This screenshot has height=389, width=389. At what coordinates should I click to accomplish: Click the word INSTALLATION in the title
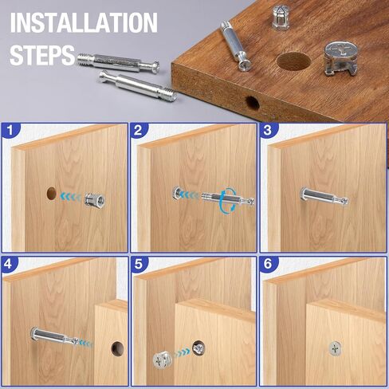pyautogui.click(x=84, y=23)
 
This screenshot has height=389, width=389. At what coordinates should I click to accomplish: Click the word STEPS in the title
pyautogui.click(x=42, y=55)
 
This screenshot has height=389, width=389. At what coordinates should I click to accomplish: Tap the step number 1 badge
pyautogui.click(x=10, y=131)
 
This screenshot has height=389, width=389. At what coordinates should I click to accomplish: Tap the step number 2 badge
pyautogui.click(x=138, y=131)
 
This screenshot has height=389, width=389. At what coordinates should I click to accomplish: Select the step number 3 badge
pyautogui.click(x=268, y=131)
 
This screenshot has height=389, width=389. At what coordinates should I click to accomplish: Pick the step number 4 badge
pyautogui.click(x=9, y=264)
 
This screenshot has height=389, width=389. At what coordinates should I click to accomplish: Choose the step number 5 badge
pyautogui.click(x=139, y=264)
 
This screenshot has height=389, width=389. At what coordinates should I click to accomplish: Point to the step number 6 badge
pyautogui.click(x=268, y=264)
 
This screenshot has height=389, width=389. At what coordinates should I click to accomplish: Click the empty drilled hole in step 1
pyautogui.click(x=52, y=193)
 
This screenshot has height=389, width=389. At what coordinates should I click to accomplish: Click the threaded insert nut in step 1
pyautogui.click(x=95, y=201)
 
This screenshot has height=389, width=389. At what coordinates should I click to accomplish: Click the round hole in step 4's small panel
pyautogui.click(x=117, y=348)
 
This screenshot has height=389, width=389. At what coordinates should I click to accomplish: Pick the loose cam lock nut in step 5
pyautogui.click(x=163, y=360)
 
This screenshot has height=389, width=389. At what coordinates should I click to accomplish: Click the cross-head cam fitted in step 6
pyautogui.click(x=335, y=348)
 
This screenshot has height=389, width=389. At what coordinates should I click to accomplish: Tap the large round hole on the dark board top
pyautogui.click(x=293, y=61)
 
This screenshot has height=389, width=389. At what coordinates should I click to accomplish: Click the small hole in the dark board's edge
pyautogui.click(x=252, y=103)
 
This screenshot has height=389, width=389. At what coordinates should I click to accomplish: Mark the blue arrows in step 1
pyautogui.click(x=71, y=197)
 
